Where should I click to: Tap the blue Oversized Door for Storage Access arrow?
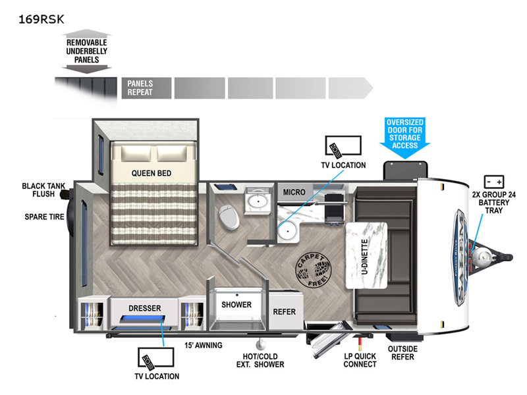tap(405, 134)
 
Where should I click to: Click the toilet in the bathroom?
tap(229, 217)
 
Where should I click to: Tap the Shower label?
tap(236, 305)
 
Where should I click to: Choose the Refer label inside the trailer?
tap(285, 311)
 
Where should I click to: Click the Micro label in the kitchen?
tap(294, 192)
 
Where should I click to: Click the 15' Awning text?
tap(204, 345)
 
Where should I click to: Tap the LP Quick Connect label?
tap(360, 360)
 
